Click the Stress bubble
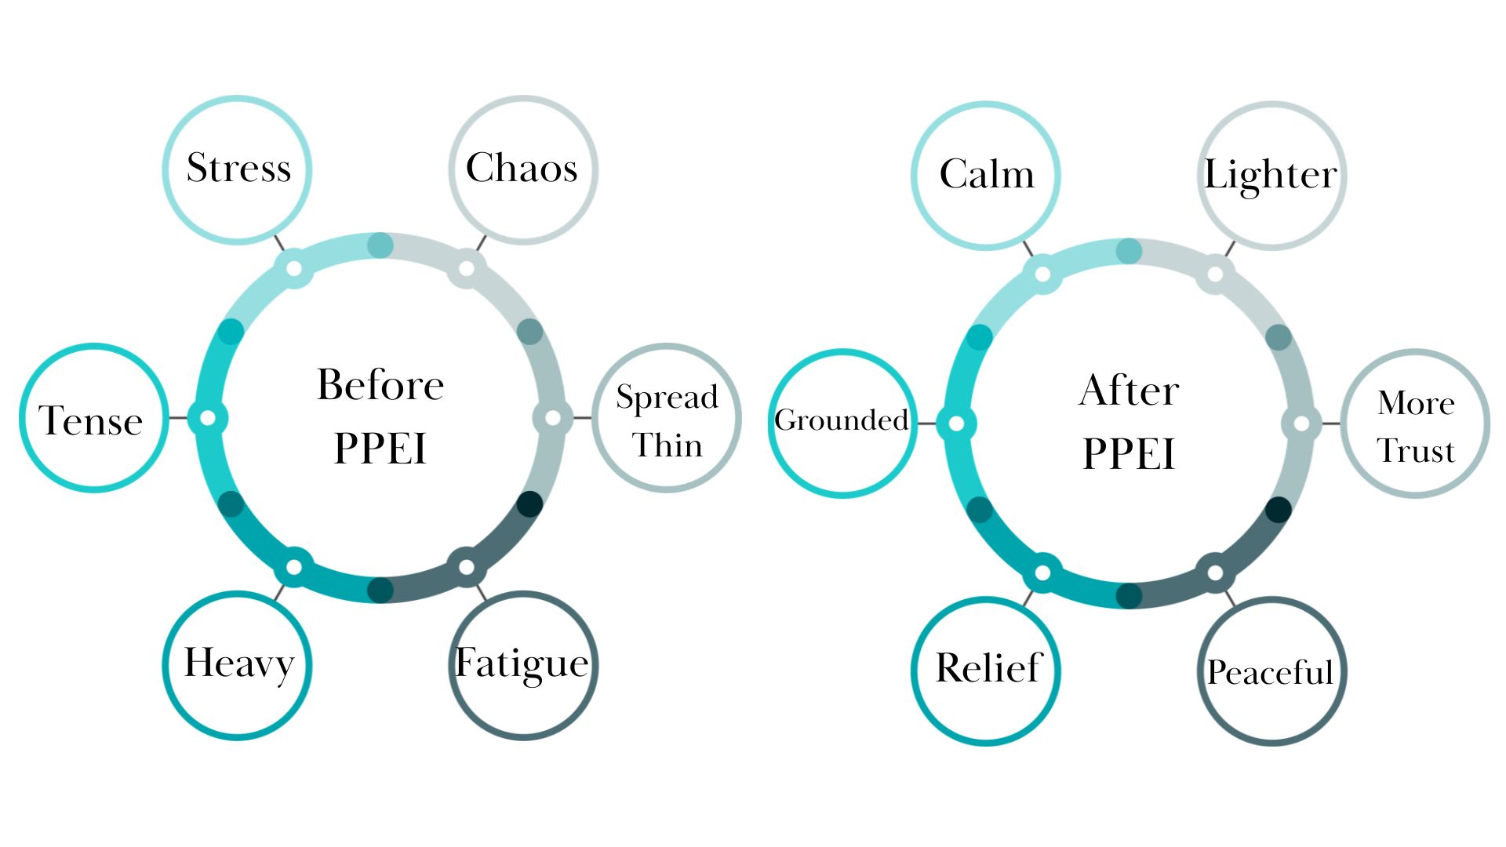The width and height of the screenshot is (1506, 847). (238, 169)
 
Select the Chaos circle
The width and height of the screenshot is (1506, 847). (522, 169)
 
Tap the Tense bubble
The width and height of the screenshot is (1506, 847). (93, 418)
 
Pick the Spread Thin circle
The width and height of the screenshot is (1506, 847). (667, 418)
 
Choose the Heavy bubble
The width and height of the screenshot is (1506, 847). (238, 664)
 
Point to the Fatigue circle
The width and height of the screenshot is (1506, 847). (522, 664)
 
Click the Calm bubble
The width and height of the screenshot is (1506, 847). (986, 175)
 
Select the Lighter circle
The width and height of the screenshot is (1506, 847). (1271, 175)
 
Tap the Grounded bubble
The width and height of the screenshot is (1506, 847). (842, 423)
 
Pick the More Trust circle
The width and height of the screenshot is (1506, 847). (1416, 423)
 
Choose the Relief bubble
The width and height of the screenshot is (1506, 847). (986, 670)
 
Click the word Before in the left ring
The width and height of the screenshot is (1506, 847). (380, 385)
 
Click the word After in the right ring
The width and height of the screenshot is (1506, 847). (1129, 391)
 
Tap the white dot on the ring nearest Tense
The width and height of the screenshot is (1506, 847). (208, 418)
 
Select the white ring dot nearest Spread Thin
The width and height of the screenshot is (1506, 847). (553, 418)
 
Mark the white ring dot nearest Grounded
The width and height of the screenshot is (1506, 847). (956, 423)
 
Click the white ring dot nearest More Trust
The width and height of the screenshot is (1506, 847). (1301, 423)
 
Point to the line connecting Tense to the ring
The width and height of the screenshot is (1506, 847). (178, 418)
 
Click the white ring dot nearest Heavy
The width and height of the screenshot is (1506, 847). (294, 567)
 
